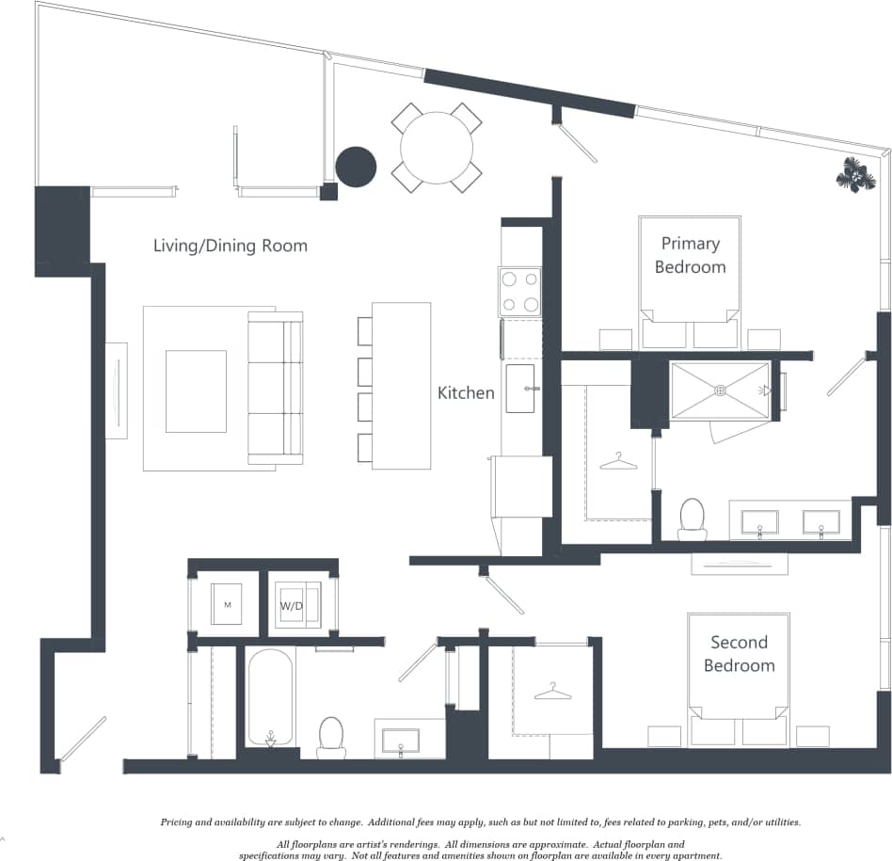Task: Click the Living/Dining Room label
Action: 231,246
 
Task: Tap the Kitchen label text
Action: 466,392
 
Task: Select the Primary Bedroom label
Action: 690,255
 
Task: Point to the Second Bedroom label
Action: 742,654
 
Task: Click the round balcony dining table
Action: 437,149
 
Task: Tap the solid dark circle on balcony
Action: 356,167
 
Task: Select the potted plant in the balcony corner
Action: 854,175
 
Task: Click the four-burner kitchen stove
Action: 519,291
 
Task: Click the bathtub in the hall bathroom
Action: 271,698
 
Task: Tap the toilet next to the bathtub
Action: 331,736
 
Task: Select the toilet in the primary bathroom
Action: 693,518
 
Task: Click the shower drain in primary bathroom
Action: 720,391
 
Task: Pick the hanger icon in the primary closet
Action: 617,461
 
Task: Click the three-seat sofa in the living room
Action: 275,388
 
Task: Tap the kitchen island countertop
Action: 402,385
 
